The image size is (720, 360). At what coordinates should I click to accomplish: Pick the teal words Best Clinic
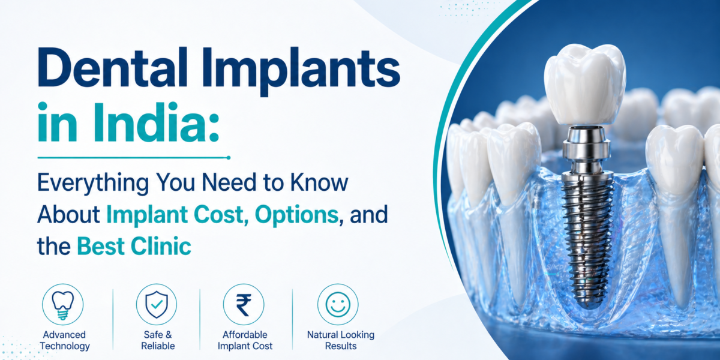click(134, 245)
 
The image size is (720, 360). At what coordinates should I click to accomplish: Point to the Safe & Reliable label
click(158, 340)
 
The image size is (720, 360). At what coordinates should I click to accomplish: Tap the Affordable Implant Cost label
click(244, 340)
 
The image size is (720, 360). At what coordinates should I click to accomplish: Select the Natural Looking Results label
click(340, 340)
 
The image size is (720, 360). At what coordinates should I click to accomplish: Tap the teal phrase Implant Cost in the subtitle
click(171, 214)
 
